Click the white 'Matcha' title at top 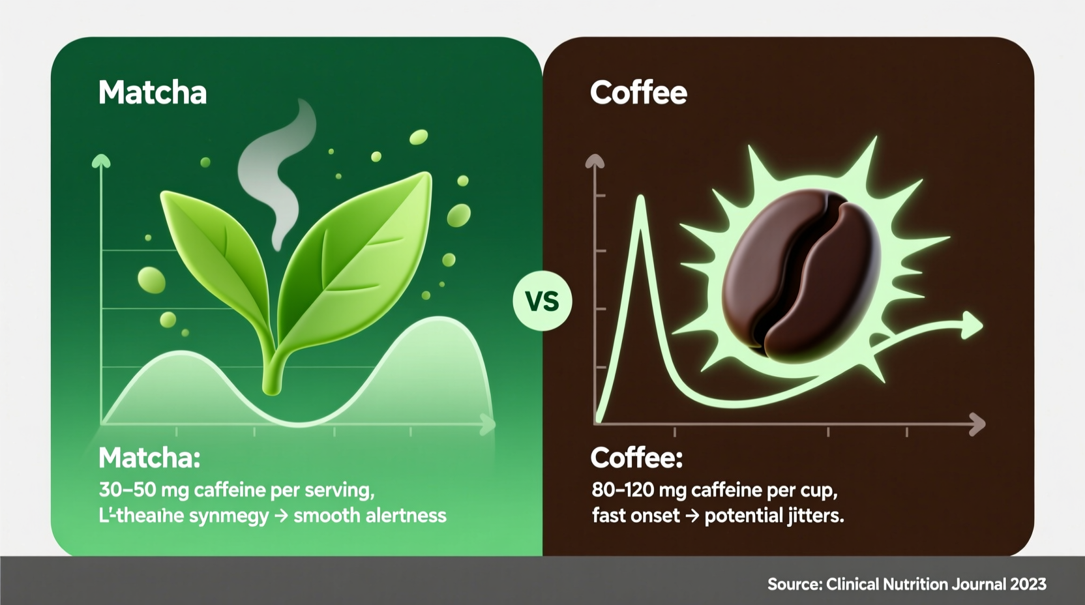153,93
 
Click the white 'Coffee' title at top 638,93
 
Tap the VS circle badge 542,302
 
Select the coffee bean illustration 801,274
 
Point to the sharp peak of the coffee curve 641,199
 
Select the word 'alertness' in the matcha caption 406,516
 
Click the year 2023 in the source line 1028,584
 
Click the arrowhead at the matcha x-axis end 488,425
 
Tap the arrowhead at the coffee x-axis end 977,424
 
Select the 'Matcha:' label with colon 149,458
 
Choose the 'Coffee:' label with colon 636,458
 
